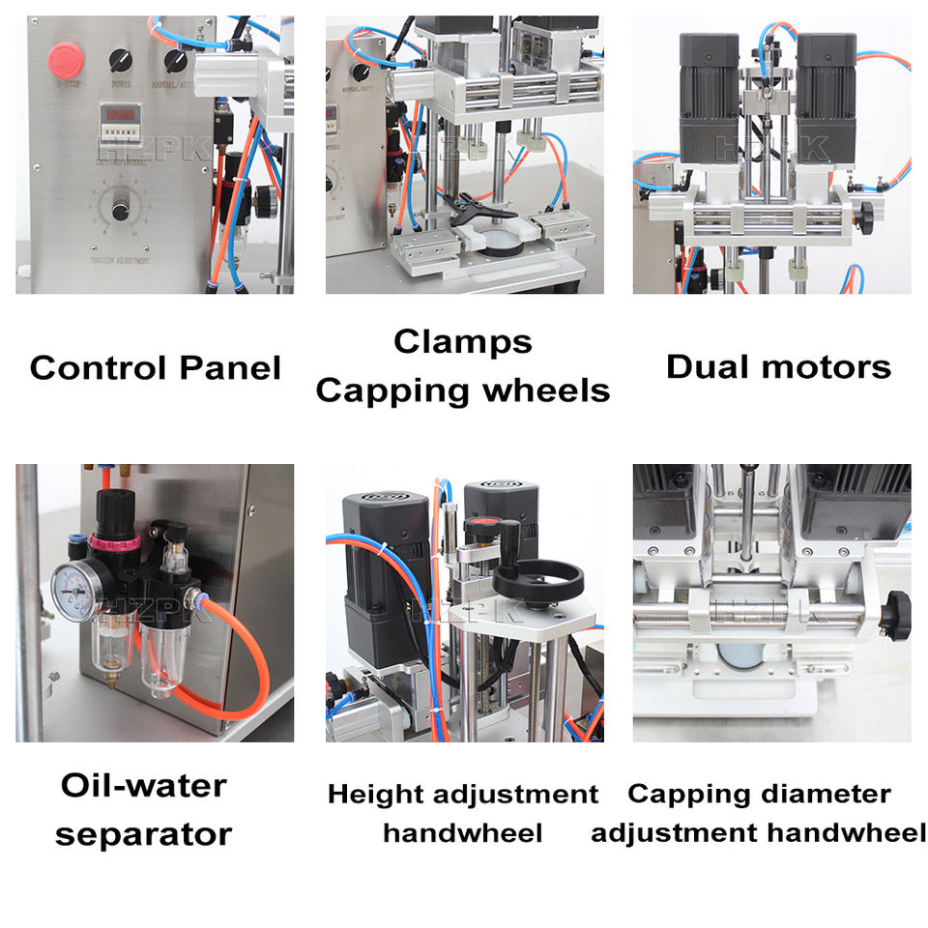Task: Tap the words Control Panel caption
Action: pyautogui.click(x=155, y=368)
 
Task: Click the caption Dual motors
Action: pyautogui.click(x=778, y=367)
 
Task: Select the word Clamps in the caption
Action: pyautogui.click(x=462, y=342)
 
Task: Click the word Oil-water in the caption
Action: pyautogui.click(x=143, y=785)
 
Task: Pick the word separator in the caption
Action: pyautogui.click(x=143, y=833)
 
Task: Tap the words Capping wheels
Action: pyautogui.click(x=462, y=391)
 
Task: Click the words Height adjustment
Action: pyautogui.click(x=462, y=795)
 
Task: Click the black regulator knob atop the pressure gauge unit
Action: pyautogui.click(x=106, y=504)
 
